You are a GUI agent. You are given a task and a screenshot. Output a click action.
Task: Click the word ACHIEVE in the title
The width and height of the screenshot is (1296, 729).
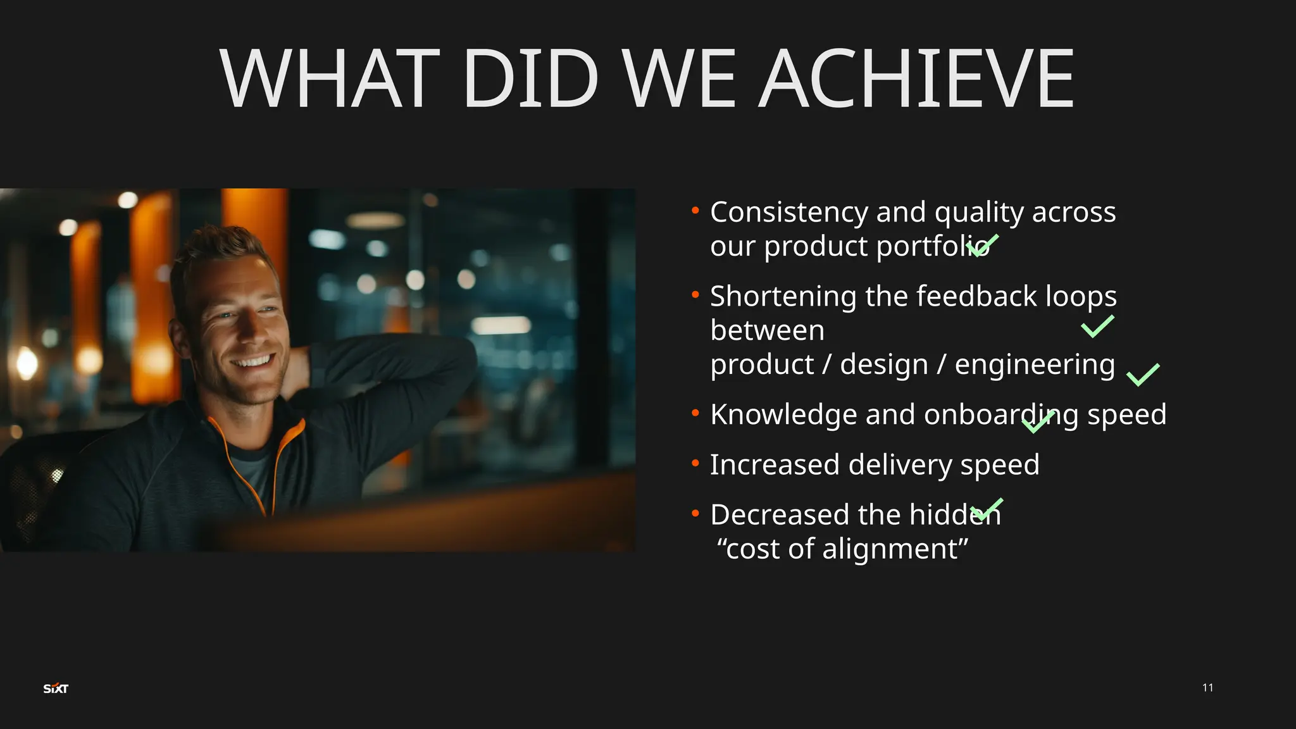[x=916, y=79]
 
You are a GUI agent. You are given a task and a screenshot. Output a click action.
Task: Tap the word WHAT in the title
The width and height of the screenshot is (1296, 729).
[x=329, y=79]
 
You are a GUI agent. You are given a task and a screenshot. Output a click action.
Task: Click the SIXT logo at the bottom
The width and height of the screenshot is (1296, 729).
[x=56, y=688]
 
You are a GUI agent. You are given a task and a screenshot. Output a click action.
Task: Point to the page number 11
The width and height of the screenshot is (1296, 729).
[x=1207, y=688]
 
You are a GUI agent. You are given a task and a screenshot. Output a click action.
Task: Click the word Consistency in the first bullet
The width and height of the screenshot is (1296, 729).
[x=788, y=213]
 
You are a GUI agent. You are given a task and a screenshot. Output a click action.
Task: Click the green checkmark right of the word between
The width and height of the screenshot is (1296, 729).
[x=1097, y=327]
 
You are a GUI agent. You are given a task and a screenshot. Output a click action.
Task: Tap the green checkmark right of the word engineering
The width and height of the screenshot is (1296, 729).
[x=1143, y=375]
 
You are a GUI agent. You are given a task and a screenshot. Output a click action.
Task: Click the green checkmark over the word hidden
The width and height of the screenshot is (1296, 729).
[x=987, y=509]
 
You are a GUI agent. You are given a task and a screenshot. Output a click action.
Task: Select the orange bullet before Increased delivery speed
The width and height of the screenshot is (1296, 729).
[x=695, y=464]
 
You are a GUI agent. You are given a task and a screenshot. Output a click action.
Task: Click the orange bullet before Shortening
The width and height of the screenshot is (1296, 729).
[x=695, y=295]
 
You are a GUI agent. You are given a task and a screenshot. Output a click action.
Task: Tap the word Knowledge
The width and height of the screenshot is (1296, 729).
[x=783, y=415]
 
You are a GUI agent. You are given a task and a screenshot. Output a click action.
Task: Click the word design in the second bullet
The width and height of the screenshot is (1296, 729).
[x=883, y=364]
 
